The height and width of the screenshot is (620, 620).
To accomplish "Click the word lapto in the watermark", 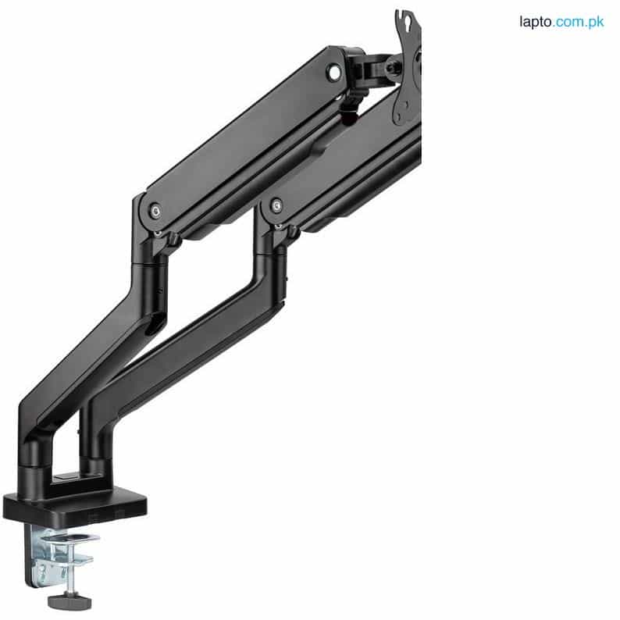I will tap(536, 22).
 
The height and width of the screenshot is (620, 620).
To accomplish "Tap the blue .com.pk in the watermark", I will tap(583, 22).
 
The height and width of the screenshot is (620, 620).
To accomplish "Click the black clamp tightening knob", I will tap(69, 601).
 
